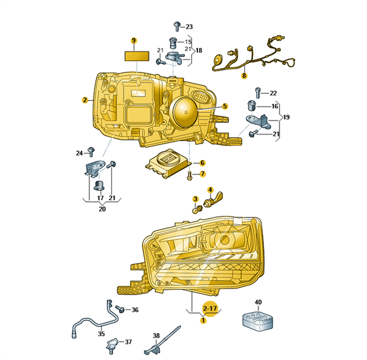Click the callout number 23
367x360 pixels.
coord(189,27)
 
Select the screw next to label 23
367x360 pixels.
coord(177,26)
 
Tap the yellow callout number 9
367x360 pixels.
coord(134,41)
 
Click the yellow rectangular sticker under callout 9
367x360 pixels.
coord(137,56)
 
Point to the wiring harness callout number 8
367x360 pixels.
coord(244,76)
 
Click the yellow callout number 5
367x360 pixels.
coord(225,106)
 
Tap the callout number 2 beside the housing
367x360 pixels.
coord(85,100)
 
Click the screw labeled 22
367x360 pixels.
coord(258,93)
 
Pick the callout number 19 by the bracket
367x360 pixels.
coord(286,117)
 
